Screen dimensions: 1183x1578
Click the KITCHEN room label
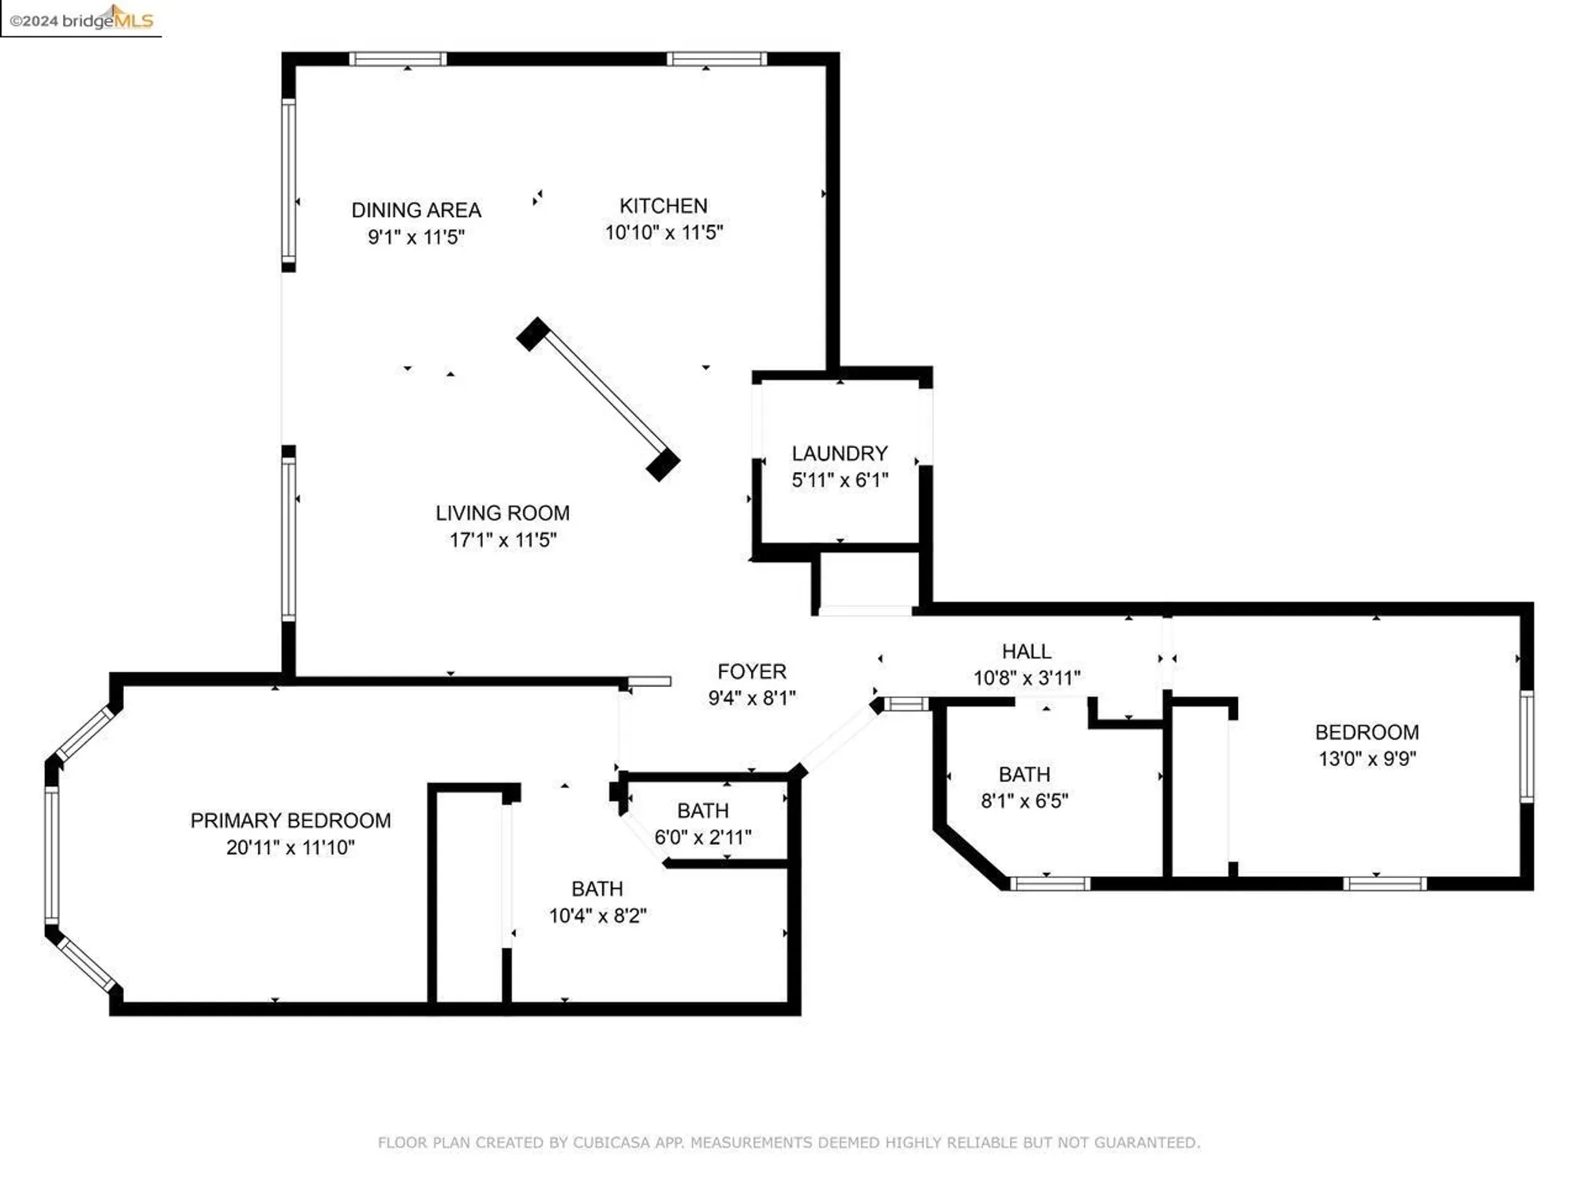(x=663, y=206)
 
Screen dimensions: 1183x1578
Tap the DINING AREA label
(x=416, y=211)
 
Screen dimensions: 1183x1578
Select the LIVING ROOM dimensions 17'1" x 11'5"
(x=503, y=540)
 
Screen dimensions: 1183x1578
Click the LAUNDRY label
(x=839, y=453)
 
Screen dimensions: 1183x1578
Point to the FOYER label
(x=751, y=671)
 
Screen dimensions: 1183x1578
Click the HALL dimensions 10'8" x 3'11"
(x=1026, y=677)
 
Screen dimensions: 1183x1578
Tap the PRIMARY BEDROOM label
(x=290, y=821)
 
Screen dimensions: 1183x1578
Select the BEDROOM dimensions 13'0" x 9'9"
(x=1367, y=759)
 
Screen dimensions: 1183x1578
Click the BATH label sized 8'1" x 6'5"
(x=1024, y=774)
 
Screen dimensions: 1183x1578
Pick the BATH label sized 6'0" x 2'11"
(x=702, y=811)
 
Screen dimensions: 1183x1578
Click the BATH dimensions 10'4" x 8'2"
(x=597, y=916)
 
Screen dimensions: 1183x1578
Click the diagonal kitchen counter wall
(x=598, y=399)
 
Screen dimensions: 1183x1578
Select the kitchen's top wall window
(x=716, y=59)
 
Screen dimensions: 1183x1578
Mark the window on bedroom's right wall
(x=1527, y=746)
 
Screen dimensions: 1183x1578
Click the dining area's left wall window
(x=289, y=181)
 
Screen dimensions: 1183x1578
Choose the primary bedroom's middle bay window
(x=52, y=854)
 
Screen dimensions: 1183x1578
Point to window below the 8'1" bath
(x=1049, y=884)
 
